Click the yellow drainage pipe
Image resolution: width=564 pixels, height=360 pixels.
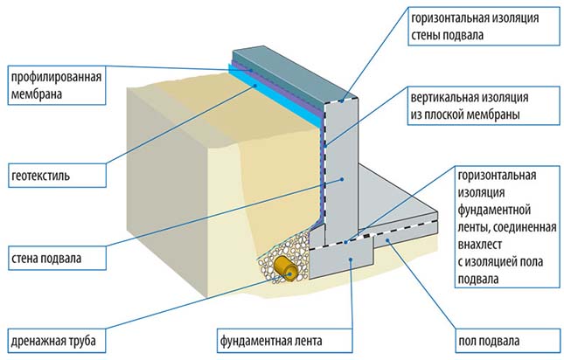286,269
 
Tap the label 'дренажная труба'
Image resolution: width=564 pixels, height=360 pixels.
53,341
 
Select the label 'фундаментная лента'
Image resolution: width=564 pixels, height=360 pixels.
271,340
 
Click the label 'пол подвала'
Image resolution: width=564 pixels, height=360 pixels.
489,341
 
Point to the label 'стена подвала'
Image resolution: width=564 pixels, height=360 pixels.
46,259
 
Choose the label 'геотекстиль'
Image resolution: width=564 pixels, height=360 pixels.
40,176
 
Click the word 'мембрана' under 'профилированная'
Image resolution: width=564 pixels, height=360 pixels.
37,94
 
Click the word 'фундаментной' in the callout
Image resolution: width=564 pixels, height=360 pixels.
494,210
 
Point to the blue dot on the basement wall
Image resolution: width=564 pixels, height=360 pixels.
343,179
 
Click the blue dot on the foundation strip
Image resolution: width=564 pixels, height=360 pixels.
352,259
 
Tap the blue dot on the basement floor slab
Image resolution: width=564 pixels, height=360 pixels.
387,239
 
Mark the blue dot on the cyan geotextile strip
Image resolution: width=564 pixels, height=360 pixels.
255,86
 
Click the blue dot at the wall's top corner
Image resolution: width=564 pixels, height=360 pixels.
342,101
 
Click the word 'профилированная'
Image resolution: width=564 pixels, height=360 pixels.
56,77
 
